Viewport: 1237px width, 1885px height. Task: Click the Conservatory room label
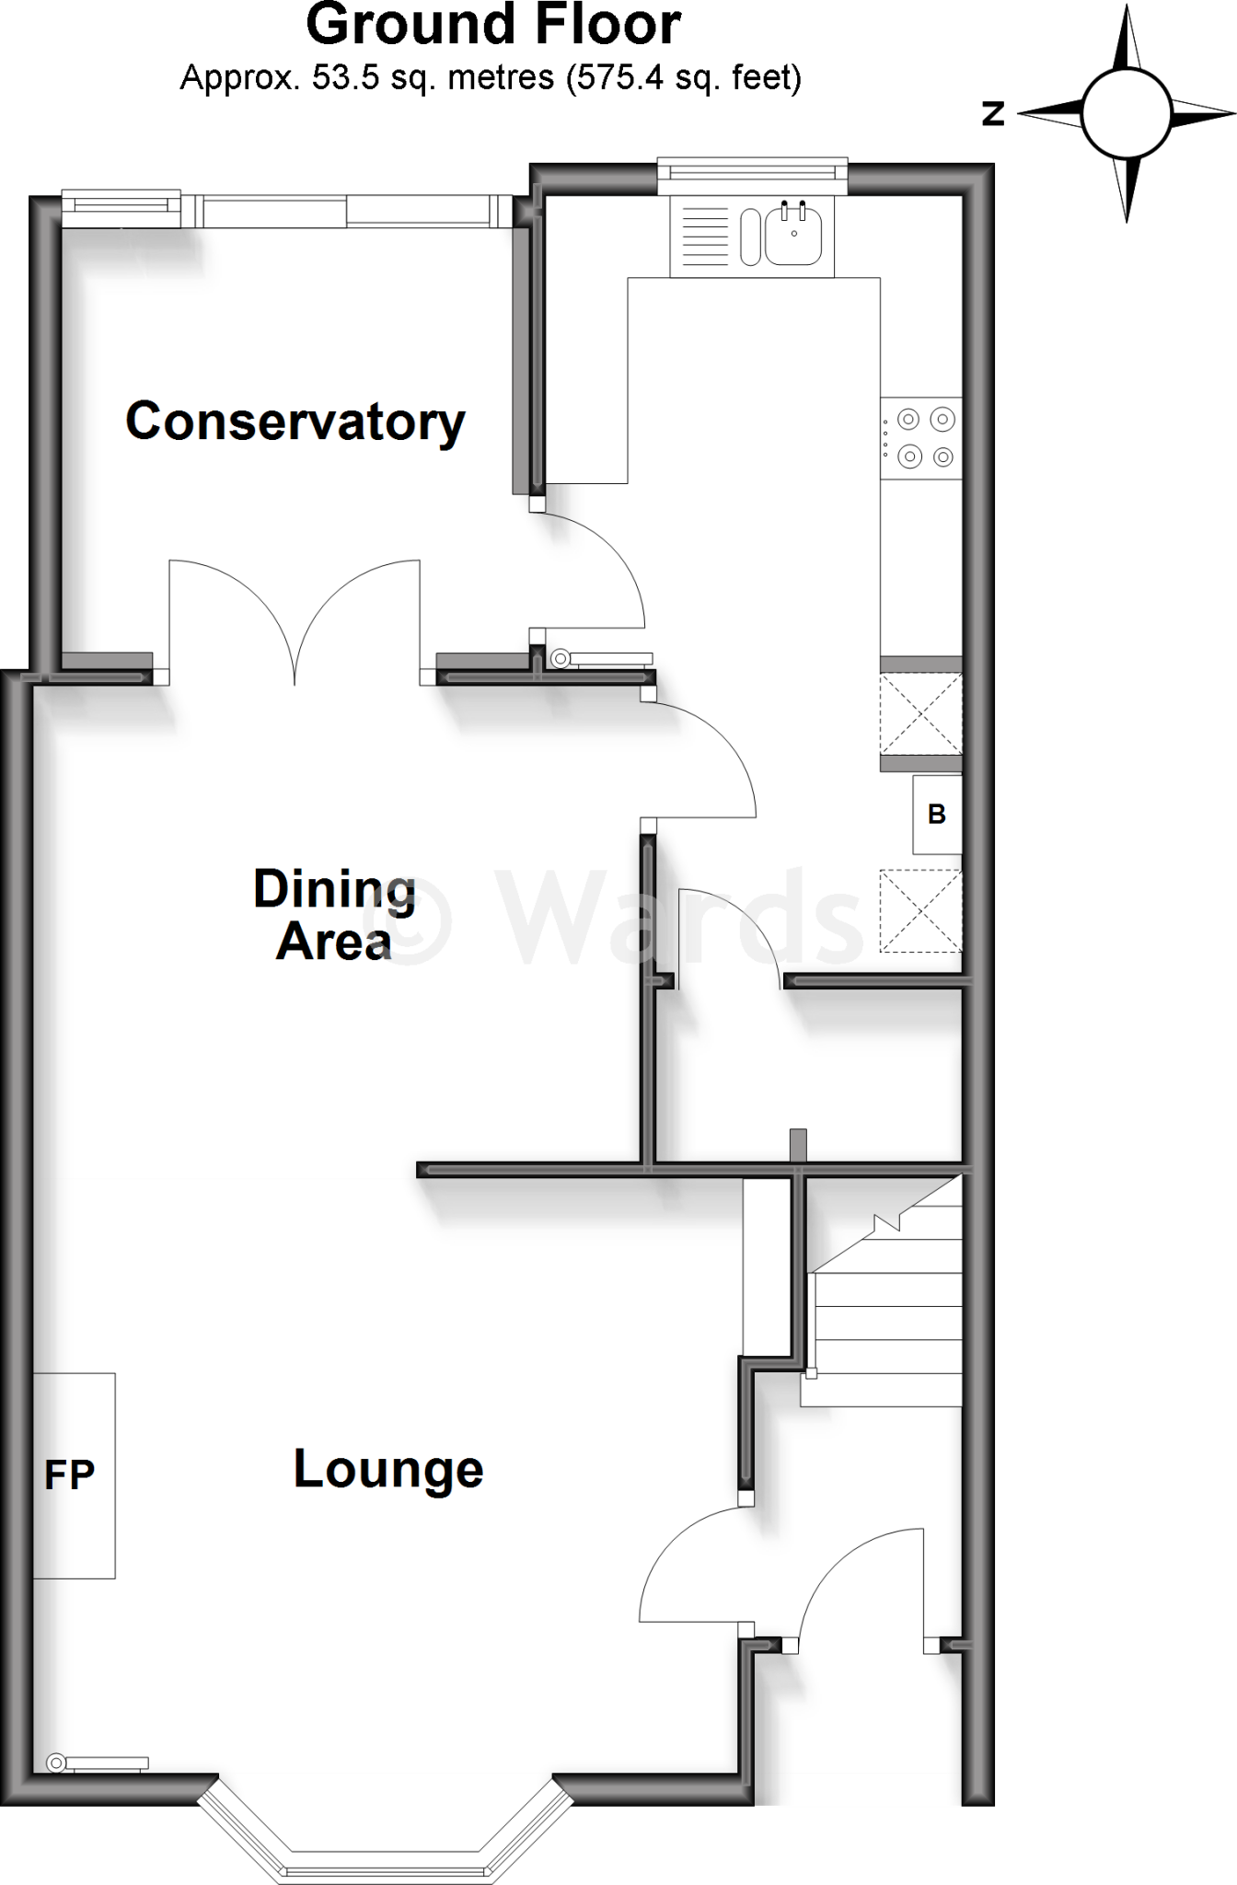pos(295,422)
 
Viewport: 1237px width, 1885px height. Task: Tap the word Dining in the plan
pos(335,890)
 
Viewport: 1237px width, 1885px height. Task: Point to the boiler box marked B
pos(937,815)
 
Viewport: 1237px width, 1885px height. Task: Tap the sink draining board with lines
pos(705,237)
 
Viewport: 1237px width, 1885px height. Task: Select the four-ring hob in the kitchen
pos(922,437)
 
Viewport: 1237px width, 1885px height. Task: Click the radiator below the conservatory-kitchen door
pos(602,658)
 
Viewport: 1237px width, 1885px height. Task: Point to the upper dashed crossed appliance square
pos(921,714)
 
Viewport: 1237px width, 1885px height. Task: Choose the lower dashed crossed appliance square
pos(921,911)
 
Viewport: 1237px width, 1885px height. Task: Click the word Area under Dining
pos(333,942)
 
